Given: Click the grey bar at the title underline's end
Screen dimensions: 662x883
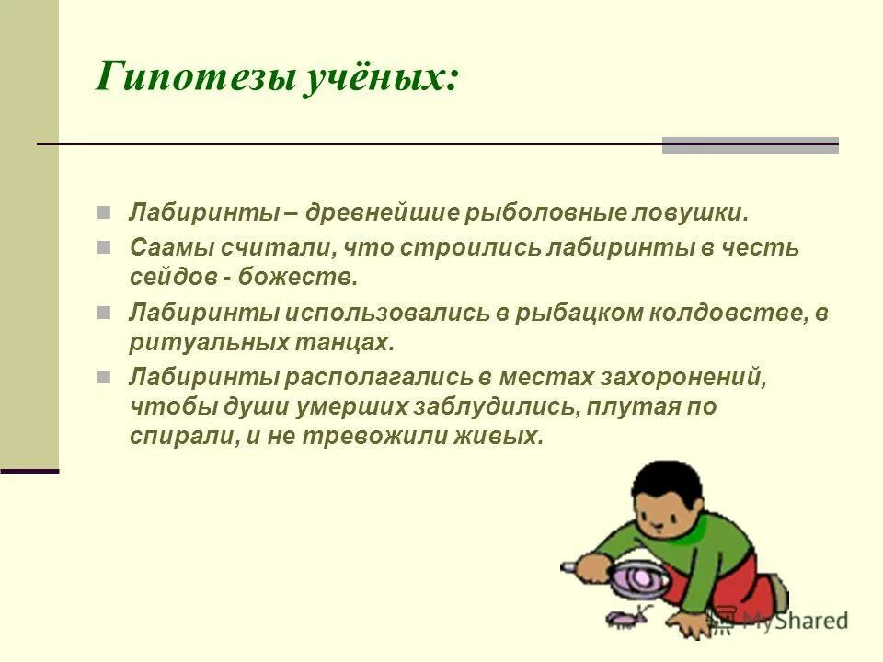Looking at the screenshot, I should [750, 145].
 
